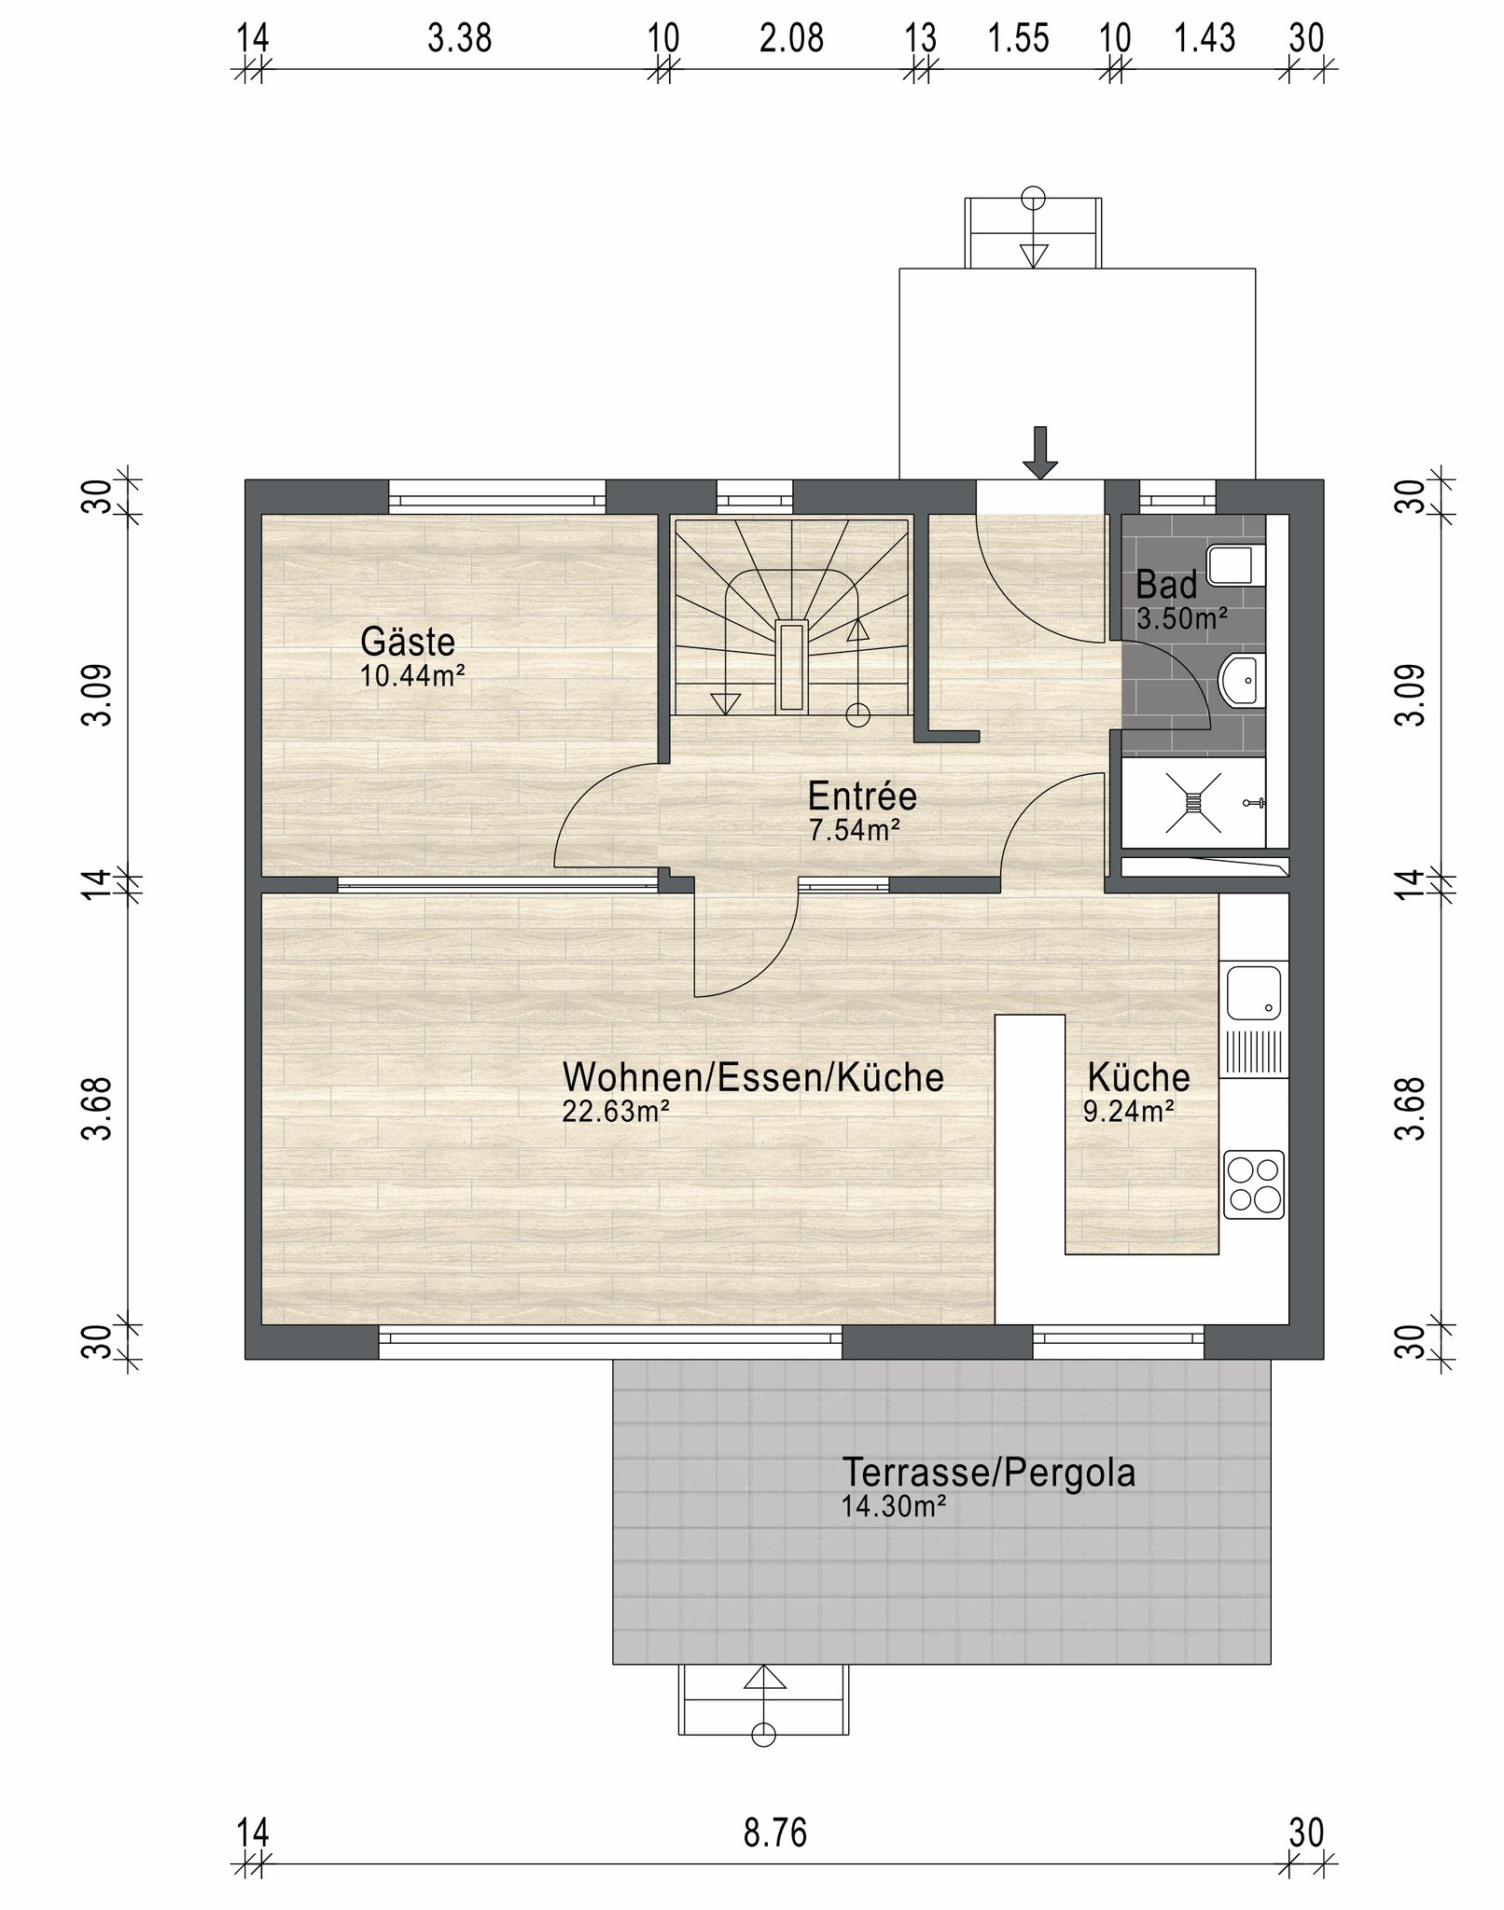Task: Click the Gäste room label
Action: tap(408, 642)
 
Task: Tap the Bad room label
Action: tap(1166, 586)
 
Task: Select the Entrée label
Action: tap(862, 796)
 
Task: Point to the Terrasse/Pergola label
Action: tap(989, 1473)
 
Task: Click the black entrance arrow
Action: tap(1041, 453)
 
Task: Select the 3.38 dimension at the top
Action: tap(459, 39)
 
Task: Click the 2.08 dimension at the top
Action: tap(791, 39)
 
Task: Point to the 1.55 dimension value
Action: tap(1019, 39)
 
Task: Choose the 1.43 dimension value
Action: tap(1205, 39)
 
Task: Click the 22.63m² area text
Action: tap(617, 1112)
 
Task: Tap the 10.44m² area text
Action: tap(413, 676)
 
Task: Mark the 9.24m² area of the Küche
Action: tap(1128, 1111)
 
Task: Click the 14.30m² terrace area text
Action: tap(895, 1506)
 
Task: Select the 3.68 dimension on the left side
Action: tap(97, 1108)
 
